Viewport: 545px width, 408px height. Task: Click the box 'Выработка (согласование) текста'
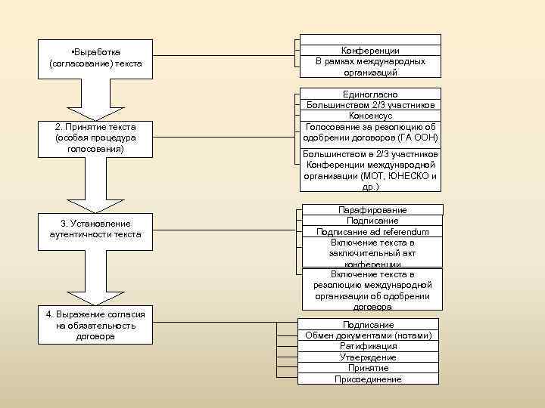pos(95,58)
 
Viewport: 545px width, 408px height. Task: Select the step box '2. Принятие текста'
pos(95,138)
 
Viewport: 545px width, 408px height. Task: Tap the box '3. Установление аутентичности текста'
pos(95,228)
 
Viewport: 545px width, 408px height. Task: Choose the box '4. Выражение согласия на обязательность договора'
pos(95,325)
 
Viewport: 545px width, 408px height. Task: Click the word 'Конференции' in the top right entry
pos(370,51)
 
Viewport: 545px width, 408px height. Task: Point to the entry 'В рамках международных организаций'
pos(370,66)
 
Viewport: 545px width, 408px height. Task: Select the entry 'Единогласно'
pos(370,94)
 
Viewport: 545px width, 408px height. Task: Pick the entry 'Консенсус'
pos(370,116)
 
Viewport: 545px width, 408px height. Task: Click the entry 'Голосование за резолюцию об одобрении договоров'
pos(370,132)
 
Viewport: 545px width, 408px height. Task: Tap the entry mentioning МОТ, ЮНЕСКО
pos(370,170)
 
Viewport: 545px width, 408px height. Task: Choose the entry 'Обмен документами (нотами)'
pos(368,335)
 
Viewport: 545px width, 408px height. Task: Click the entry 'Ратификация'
pos(368,346)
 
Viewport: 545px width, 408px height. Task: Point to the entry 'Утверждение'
pos(368,357)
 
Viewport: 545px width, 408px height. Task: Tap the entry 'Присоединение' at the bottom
pos(368,379)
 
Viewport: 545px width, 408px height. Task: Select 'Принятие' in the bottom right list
pos(368,368)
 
